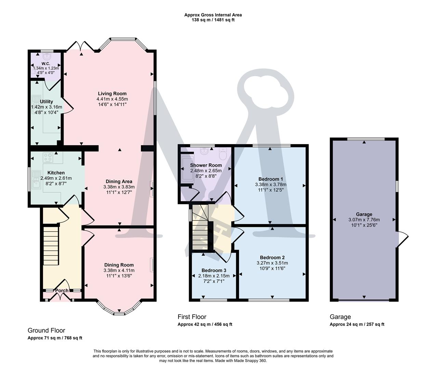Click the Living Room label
coord(112,94)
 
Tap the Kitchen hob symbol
coord(48,158)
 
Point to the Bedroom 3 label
coord(214,270)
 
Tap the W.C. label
coord(46,64)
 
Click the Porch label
coord(62,291)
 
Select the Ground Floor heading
coord(46,330)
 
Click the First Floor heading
coord(192,317)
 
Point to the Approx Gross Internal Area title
coord(213,15)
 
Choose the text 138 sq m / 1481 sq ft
coord(213,20)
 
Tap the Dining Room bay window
coord(119,309)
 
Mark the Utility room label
coord(46,101)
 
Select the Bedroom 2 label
coord(272,258)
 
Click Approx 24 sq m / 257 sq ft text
coord(357,324)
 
